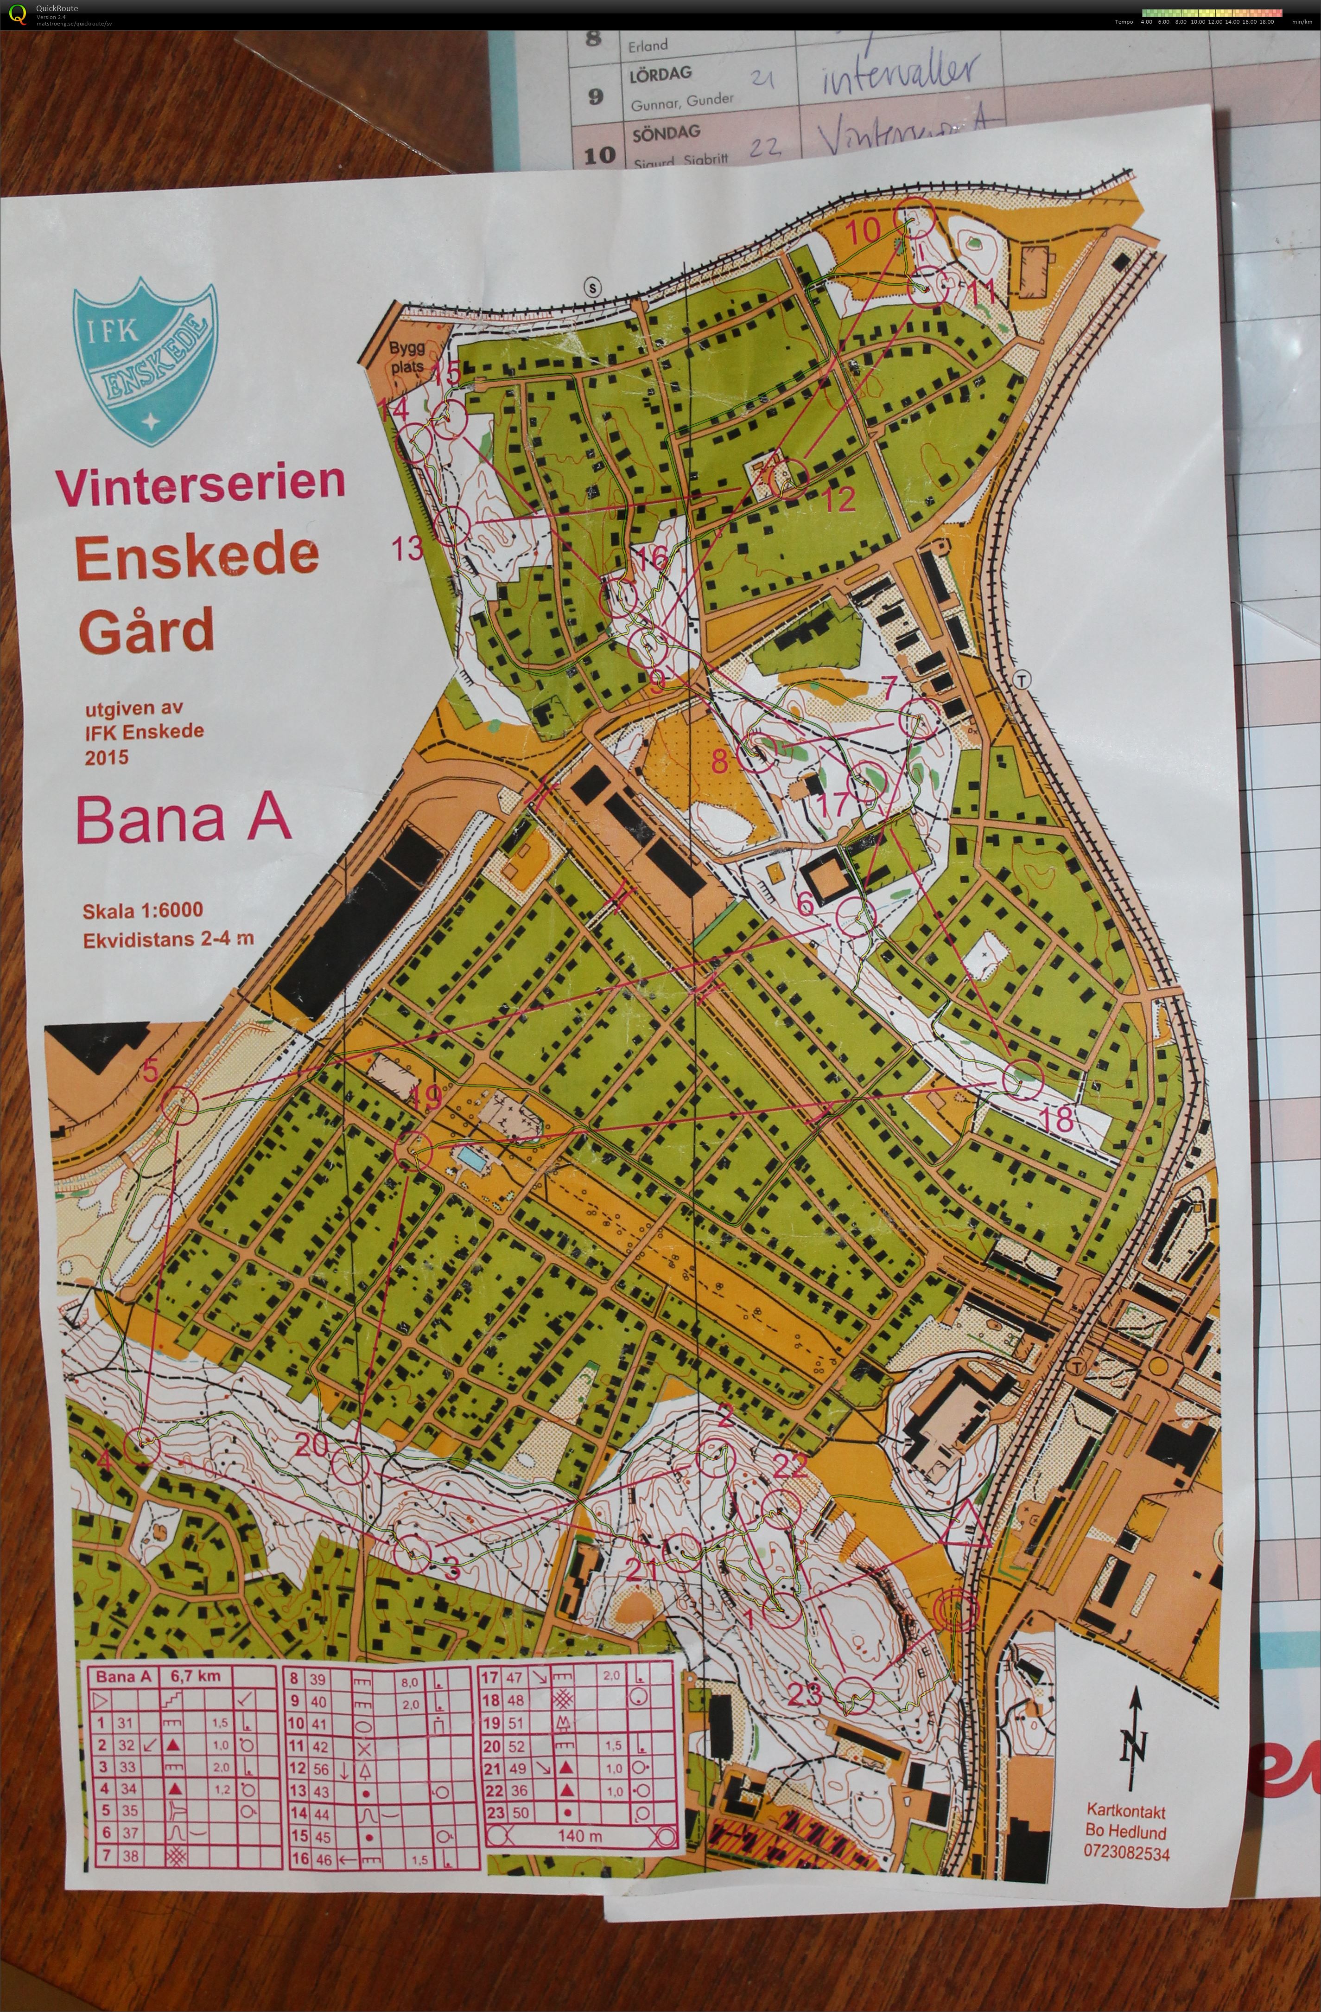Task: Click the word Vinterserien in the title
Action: (x=200, y=483)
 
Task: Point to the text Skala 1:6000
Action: (x=142, y=910)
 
